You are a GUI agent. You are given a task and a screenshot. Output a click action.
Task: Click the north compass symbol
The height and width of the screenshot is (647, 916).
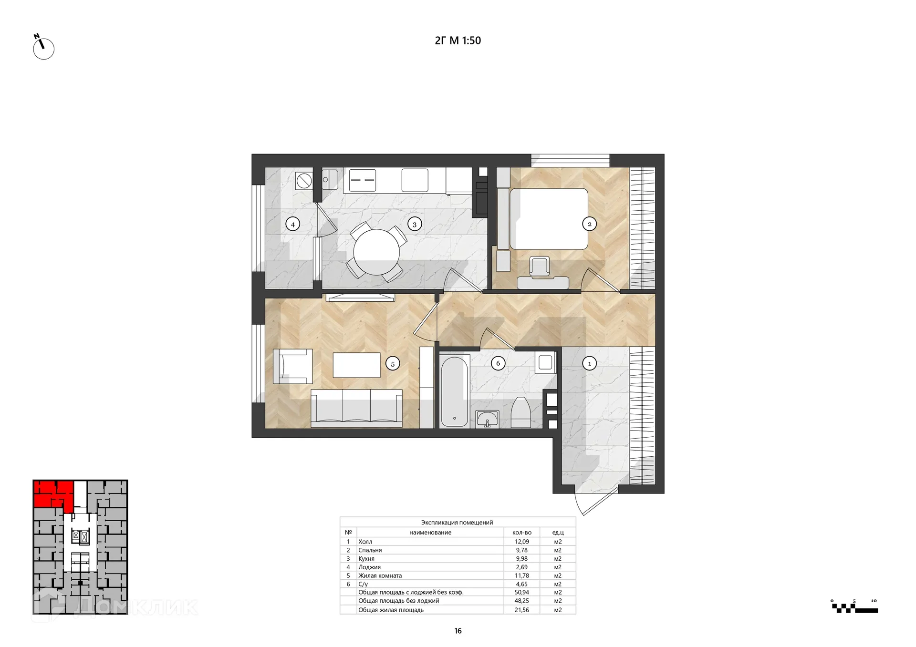(x=43, y=47)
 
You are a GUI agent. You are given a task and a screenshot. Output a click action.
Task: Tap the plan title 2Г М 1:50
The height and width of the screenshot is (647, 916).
(x=458, y=41)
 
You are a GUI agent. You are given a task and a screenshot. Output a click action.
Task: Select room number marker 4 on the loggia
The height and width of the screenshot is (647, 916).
(x=292, y=224)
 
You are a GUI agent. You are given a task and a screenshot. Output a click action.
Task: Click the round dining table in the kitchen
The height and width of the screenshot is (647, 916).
(x=376, y=252)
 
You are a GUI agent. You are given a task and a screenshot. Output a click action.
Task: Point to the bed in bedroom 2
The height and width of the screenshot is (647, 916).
(x=549, y=219)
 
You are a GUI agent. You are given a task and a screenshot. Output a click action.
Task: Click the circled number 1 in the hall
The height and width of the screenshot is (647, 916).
(x=589, y=363)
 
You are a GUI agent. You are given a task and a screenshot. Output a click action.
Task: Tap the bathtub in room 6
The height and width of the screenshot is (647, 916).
(x=454, y=391)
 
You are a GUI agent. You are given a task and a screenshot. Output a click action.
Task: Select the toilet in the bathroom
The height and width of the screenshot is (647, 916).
(x=520, y=412)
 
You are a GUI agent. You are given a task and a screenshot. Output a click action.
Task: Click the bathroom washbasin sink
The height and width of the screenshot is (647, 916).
(x=487, y=419)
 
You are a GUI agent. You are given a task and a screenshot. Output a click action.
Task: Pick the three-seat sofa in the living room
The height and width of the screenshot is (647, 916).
(x=356, y=408)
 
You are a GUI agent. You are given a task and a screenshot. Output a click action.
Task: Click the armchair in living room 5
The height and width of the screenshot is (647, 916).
(x=292, y=366)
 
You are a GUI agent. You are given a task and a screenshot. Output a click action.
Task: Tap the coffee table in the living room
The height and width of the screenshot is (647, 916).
(x=356, y=365)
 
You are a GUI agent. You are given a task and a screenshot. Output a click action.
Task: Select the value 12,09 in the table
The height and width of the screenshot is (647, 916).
(x=521, y=542)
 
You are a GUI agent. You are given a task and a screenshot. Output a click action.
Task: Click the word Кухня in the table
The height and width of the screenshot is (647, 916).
(x=366, y=559)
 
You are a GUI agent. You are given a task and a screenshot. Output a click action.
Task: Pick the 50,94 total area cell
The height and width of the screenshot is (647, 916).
(x=521, y=592)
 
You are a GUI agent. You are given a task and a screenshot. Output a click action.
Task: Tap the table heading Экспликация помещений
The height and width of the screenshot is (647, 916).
(x=457, y=523)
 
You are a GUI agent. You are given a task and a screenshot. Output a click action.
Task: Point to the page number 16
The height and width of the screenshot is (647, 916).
(x=458, y=631)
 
